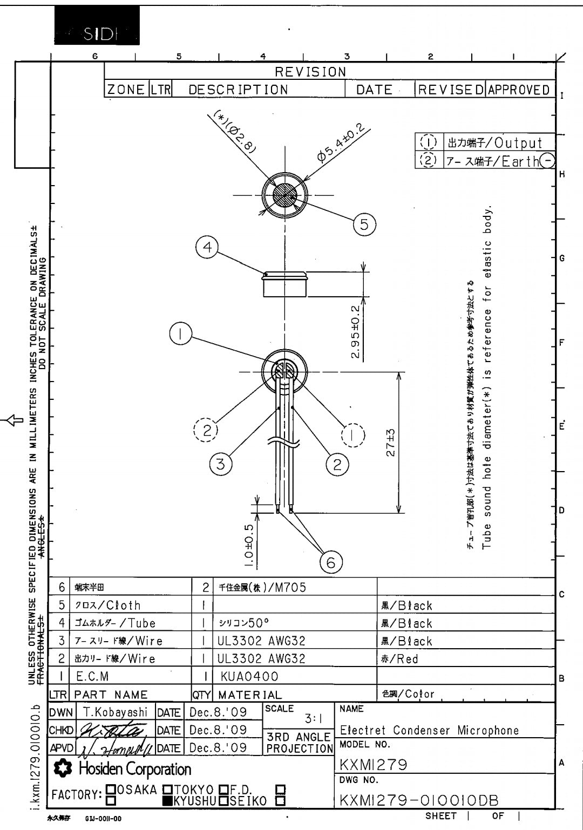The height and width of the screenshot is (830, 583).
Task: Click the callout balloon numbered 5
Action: [x=364, y=223]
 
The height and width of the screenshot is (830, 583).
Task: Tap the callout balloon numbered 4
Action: [x=207, y=248]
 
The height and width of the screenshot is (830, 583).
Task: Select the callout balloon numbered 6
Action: [x=331, y=563]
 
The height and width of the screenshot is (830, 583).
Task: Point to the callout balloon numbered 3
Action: [x=220, y=464]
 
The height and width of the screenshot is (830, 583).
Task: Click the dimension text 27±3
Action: [x=391, y=443]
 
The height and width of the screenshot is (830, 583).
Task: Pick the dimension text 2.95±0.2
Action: [x=355, y=332]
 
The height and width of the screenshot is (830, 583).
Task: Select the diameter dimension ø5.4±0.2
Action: [x=341, y=143]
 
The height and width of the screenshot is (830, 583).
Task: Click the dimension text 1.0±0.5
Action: [x=249, y=545]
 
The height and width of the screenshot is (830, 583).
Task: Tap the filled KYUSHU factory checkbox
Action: [x=167, y=801]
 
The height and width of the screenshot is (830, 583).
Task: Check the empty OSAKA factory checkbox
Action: [x=111, y=790]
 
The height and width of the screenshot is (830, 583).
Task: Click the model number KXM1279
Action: [x=374, y=764]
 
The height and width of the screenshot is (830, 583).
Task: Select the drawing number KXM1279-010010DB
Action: [x=419, y=800]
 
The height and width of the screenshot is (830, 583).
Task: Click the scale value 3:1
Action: [x=313, y=719]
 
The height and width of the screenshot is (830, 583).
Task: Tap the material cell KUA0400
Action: [x=249, y=676]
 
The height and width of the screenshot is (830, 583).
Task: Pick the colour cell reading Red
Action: [x=400, y=658]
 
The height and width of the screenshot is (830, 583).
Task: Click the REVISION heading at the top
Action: [x=310, y=72]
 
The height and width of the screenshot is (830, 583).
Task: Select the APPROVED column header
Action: [x=519, y=90]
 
